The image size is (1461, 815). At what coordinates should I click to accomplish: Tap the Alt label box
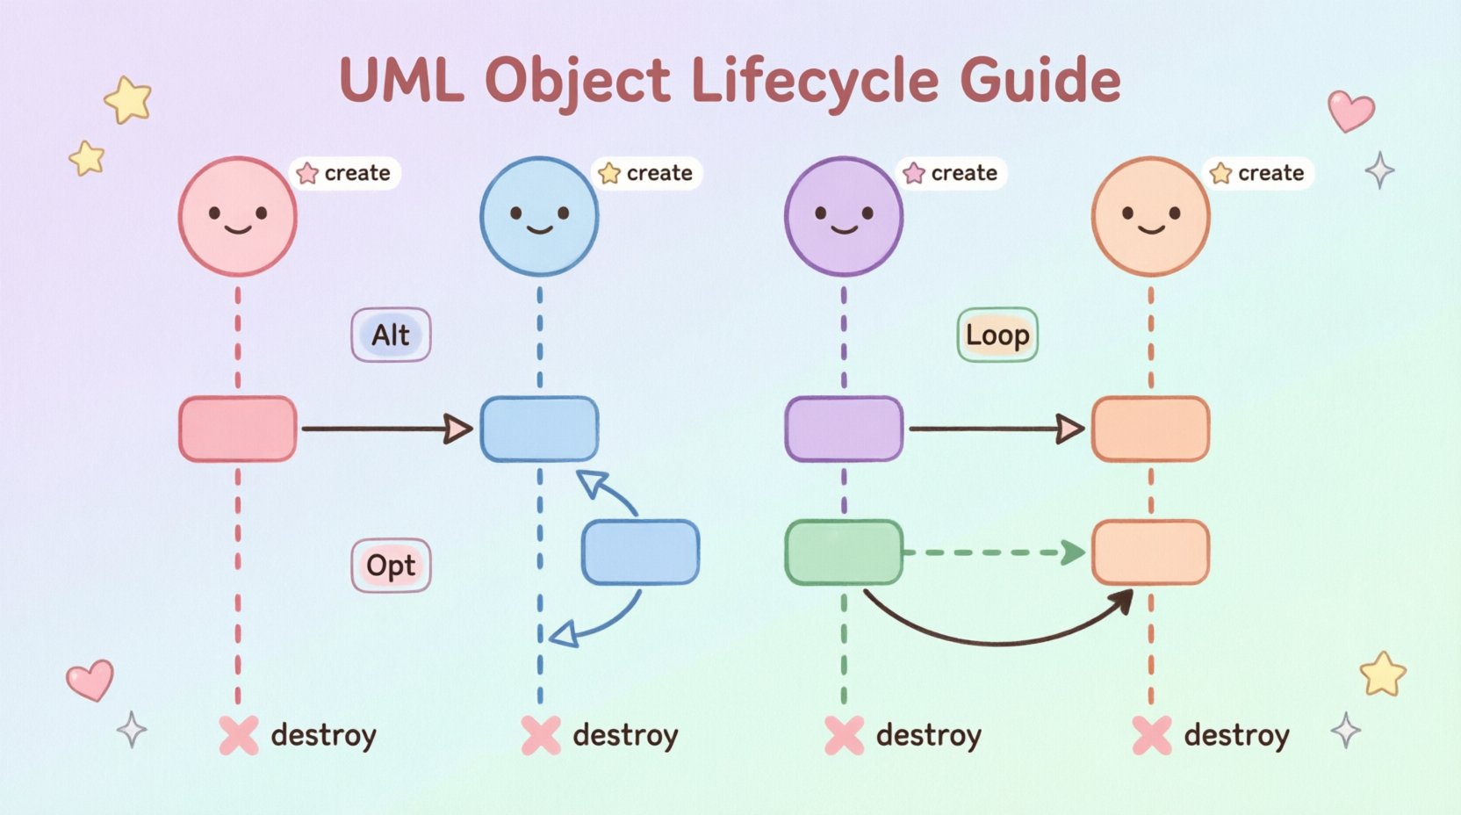(x=391, y=335)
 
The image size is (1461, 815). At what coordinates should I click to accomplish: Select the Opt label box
(x=391, y=566)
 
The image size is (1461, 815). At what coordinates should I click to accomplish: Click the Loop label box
(x=997, y=335)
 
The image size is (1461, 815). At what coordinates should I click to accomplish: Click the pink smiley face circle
(x=237, y=216)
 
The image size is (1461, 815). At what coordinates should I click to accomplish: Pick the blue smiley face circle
(x=539, y=216)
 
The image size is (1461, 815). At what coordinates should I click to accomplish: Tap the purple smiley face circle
(x=843, y=216)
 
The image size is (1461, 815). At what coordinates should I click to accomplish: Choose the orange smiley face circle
(x=1150, y=216)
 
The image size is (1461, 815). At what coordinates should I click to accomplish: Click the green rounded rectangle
(x=843, y=552)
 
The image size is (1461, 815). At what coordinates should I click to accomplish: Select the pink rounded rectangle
(x=237, y=429)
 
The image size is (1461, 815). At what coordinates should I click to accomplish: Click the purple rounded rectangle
(x=843, y=429)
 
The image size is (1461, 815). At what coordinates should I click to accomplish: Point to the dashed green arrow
(x=992, y=552)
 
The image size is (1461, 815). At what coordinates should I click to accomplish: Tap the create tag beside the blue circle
(x=647, y=173)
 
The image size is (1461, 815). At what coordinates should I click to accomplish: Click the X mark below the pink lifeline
(x=239, y=735)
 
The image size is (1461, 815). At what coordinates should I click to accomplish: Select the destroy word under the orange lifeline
(x=1236, y=735)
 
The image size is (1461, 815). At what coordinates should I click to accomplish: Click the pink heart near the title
(x=1349, y=111)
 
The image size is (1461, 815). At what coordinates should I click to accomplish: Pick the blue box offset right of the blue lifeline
(x=640, y=552)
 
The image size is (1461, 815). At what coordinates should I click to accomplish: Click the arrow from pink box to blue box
(x=386, y=429)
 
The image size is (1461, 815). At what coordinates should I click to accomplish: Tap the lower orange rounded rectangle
(x=1150, y=552)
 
